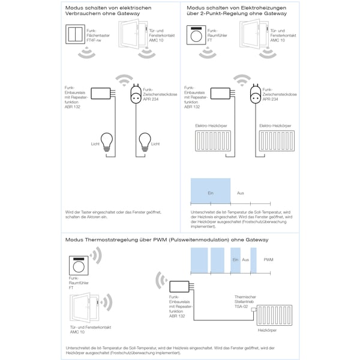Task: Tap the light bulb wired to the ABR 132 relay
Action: coord(106,142)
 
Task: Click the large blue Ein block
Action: coord(210,193)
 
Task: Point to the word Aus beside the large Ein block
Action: coord(240,193)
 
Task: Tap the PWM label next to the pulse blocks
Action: coord(268,260)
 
